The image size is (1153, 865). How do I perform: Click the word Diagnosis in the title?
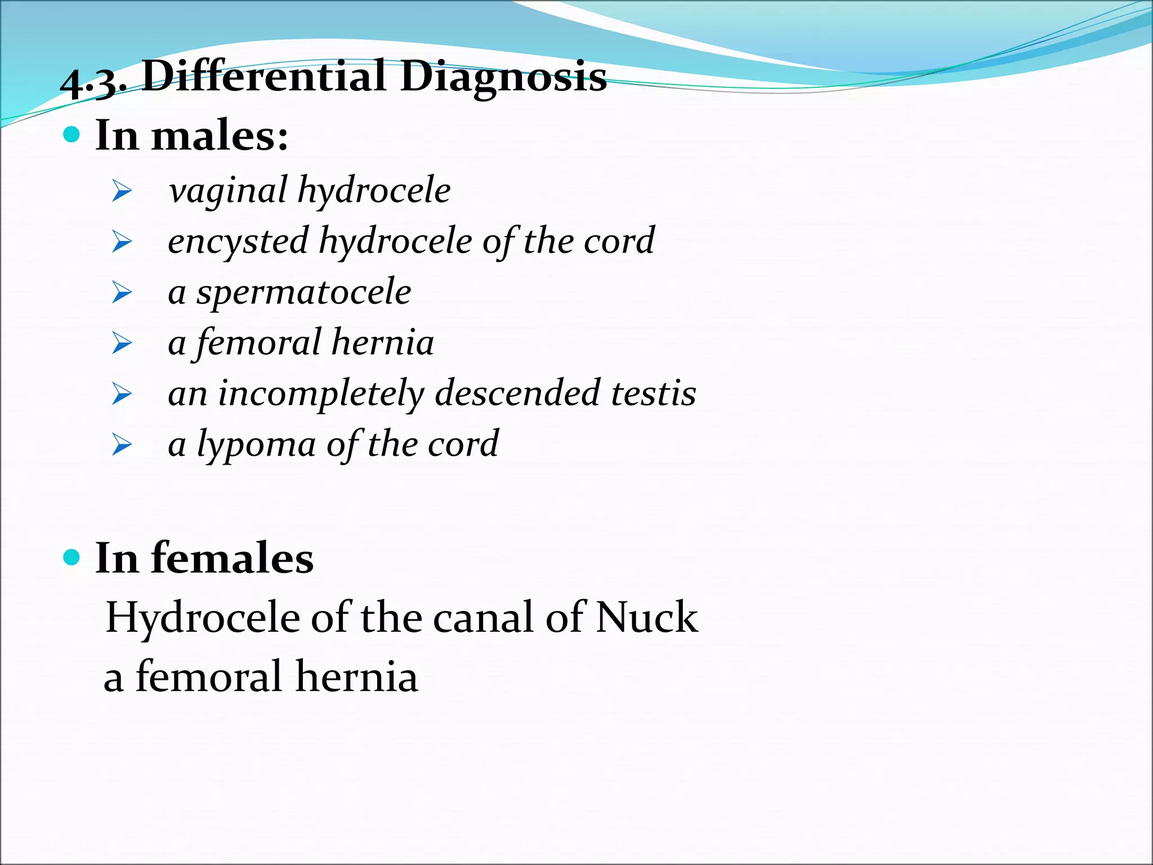coord(503,78)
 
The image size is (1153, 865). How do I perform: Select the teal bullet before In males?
coord(72,135)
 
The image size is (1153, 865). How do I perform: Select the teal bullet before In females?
coord(72,558)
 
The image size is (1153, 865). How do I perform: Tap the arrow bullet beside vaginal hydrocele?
coord(122,191)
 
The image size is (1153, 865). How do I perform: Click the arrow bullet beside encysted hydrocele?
coord(122,242)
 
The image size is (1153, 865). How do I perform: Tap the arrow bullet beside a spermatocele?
coord(122,293)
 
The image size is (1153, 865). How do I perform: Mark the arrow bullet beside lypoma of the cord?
coord(122,445)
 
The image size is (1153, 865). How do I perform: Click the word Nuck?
coord(647,617)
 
